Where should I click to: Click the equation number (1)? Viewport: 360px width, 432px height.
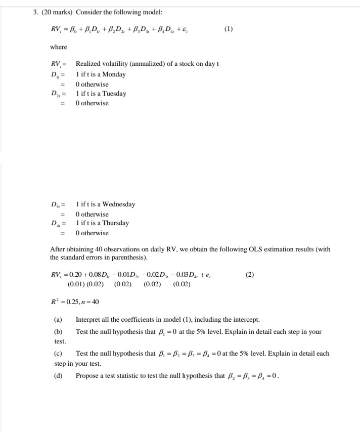229,29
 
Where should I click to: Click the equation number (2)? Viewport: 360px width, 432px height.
249,275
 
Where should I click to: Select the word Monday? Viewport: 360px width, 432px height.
114,74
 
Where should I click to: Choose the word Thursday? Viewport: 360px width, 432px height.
116,223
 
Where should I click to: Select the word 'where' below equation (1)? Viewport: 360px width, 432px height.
58,47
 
